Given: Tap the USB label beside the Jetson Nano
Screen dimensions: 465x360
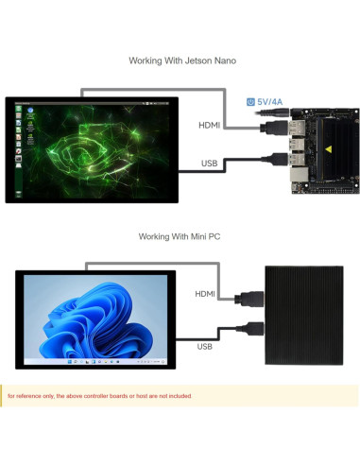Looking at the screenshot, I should coord(211,163).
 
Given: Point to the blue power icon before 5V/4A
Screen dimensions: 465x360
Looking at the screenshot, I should coord(250,99).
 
